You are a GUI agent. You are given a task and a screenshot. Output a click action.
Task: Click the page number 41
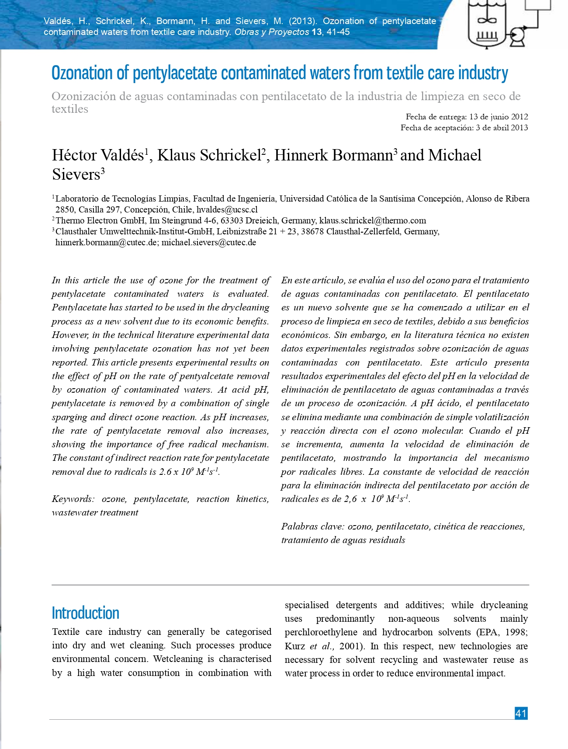click(521, 714)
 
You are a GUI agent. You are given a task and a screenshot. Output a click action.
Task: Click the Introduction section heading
click(85, 613)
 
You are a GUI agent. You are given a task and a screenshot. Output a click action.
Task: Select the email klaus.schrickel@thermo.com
click(372, 220)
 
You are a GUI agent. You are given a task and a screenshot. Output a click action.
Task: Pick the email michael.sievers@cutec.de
click(209, 242)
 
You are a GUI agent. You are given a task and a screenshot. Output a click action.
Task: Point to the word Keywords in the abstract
click(72, 499)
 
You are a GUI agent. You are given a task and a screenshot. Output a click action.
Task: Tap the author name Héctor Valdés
click(98, 155)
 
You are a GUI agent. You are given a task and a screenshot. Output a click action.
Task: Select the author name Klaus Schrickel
click(209, 155)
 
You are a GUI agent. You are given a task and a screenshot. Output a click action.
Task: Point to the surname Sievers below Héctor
click(76, 174)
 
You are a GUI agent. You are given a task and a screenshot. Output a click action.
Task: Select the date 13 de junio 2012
click(499, 117)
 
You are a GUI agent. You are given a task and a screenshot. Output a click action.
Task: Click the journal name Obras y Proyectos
click(272, 32)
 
